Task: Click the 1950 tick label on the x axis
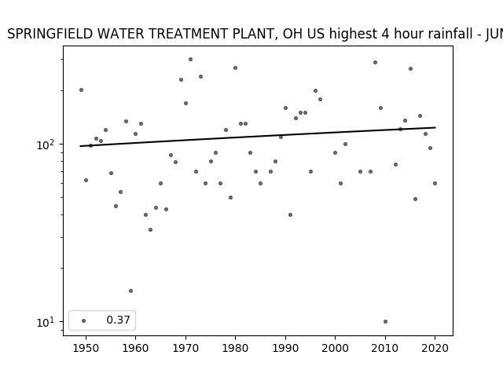pyautogui.click(x=86, y=348)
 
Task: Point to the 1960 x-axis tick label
pyautogui.click(x=135, y=348)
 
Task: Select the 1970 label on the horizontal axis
pyautogui.click(x=185, y=348)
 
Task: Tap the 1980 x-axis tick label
pyautogui.click(x=235, y=348)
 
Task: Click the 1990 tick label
pyautogui.click(x=285, y=348)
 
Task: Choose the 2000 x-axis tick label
pyautogui.click(x=335, y=348)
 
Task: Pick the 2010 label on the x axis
pyautogui.click(x=385, y=348)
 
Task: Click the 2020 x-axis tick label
pyautogui.click(x=435, y=348)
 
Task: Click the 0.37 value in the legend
pyautogui.click(x=118, y=320)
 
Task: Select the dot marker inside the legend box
pyautogui.click(x=84, y=320)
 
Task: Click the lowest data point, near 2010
pyautogui.click(x=385, y=321)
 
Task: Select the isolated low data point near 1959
pyautogui.click(x=130, y=291)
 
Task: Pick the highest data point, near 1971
pyautogui.click(x=190, y=60)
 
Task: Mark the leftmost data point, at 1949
pyautogui.click(x=81, y=90)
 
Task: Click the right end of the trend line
pyautogui.click(x=435, y=127)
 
